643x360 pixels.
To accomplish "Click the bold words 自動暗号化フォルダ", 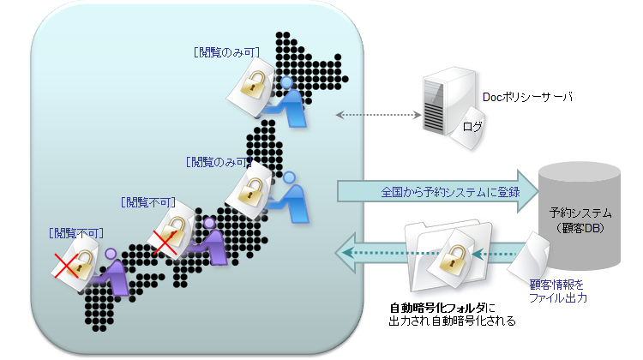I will [438, 308].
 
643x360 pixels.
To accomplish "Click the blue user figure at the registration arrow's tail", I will [291, 196].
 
